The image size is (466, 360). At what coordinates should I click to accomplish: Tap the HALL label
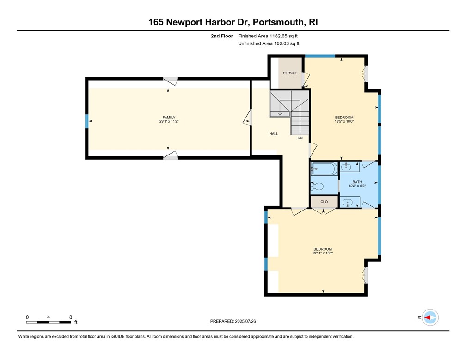(x=274, y=134)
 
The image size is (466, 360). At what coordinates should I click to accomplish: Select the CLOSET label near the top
(x=290, y=73)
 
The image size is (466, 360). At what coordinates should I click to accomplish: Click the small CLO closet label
(x=324, y=202)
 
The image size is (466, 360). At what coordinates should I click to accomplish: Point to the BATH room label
(x=357, y=182)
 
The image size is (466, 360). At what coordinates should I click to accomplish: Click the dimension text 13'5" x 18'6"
(x=344, y=122)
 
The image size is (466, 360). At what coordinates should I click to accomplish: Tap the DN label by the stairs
(x=300, y=138)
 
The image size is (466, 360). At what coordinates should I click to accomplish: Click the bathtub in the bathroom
(x=324, y=169)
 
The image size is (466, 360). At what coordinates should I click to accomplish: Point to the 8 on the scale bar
(x=70, y=317)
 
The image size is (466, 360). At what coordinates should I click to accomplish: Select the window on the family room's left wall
(x=86, y=121)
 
